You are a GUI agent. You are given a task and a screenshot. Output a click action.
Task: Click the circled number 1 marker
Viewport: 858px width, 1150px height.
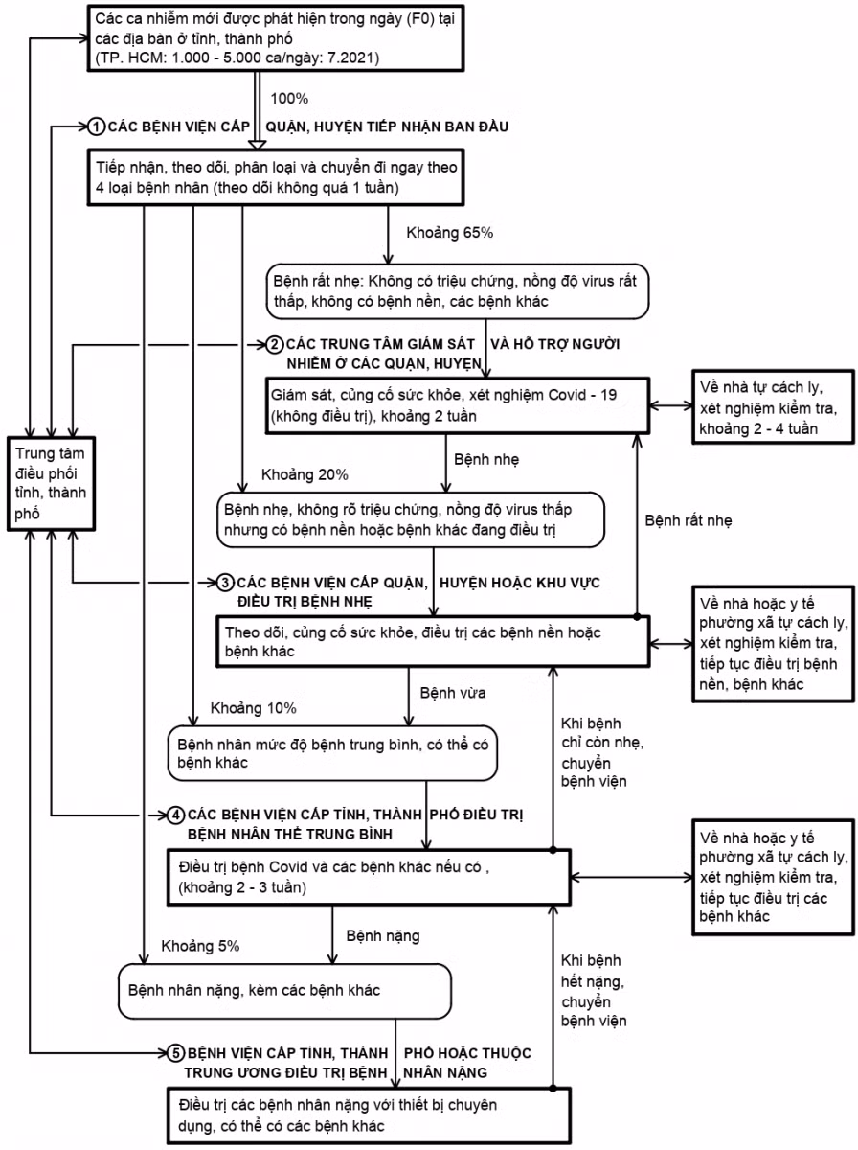[97, 126]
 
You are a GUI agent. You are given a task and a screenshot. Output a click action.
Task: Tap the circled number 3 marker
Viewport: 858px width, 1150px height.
[226, 582]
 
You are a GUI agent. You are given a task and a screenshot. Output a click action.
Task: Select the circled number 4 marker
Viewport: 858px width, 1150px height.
[176, 815]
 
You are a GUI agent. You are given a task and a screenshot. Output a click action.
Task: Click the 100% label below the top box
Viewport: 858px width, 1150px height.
[291, 99]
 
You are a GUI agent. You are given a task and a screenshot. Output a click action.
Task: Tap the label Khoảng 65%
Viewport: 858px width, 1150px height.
[450, 233]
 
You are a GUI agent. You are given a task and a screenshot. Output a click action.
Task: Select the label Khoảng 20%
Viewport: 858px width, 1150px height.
[305, 474]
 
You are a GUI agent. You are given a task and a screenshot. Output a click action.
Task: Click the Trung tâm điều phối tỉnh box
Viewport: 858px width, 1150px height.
[52, 481]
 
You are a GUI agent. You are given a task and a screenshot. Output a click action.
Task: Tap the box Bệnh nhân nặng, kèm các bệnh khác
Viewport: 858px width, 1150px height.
[283, 991]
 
